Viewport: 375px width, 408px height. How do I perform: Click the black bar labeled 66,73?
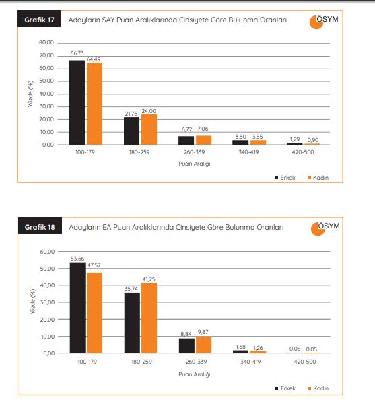click(77, 102)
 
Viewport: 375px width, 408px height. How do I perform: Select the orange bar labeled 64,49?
click(94, 104)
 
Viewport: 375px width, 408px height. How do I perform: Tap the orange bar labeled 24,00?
click(149, 129)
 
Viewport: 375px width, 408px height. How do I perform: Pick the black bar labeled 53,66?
click(77, 308)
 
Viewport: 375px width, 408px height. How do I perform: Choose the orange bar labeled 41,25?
click(149, 318)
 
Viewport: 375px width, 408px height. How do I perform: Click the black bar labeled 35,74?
click(132, 323)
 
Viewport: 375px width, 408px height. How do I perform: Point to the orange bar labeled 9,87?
click(204, 345)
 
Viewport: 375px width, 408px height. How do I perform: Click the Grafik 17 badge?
click(39, 19)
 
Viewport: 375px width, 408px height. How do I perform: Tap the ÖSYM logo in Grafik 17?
click(324, 22)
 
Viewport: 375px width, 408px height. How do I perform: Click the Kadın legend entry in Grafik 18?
click(318, 388)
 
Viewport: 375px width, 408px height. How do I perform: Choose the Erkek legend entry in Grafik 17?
click(285, 178)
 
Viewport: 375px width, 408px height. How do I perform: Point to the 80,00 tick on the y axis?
click(46, 42)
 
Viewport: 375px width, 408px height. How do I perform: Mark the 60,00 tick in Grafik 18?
click(47, 252)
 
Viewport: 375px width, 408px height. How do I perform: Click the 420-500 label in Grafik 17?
click(303, 152)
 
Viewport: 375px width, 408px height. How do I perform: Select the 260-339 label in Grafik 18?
click(196, 362)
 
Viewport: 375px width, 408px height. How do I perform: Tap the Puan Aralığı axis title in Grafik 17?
click(195, 164)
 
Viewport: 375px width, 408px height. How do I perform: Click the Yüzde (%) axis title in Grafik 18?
click(32, 302)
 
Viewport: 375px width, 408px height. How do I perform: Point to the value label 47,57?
click(94, 265)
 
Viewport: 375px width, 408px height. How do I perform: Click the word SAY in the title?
click(108, 20)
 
